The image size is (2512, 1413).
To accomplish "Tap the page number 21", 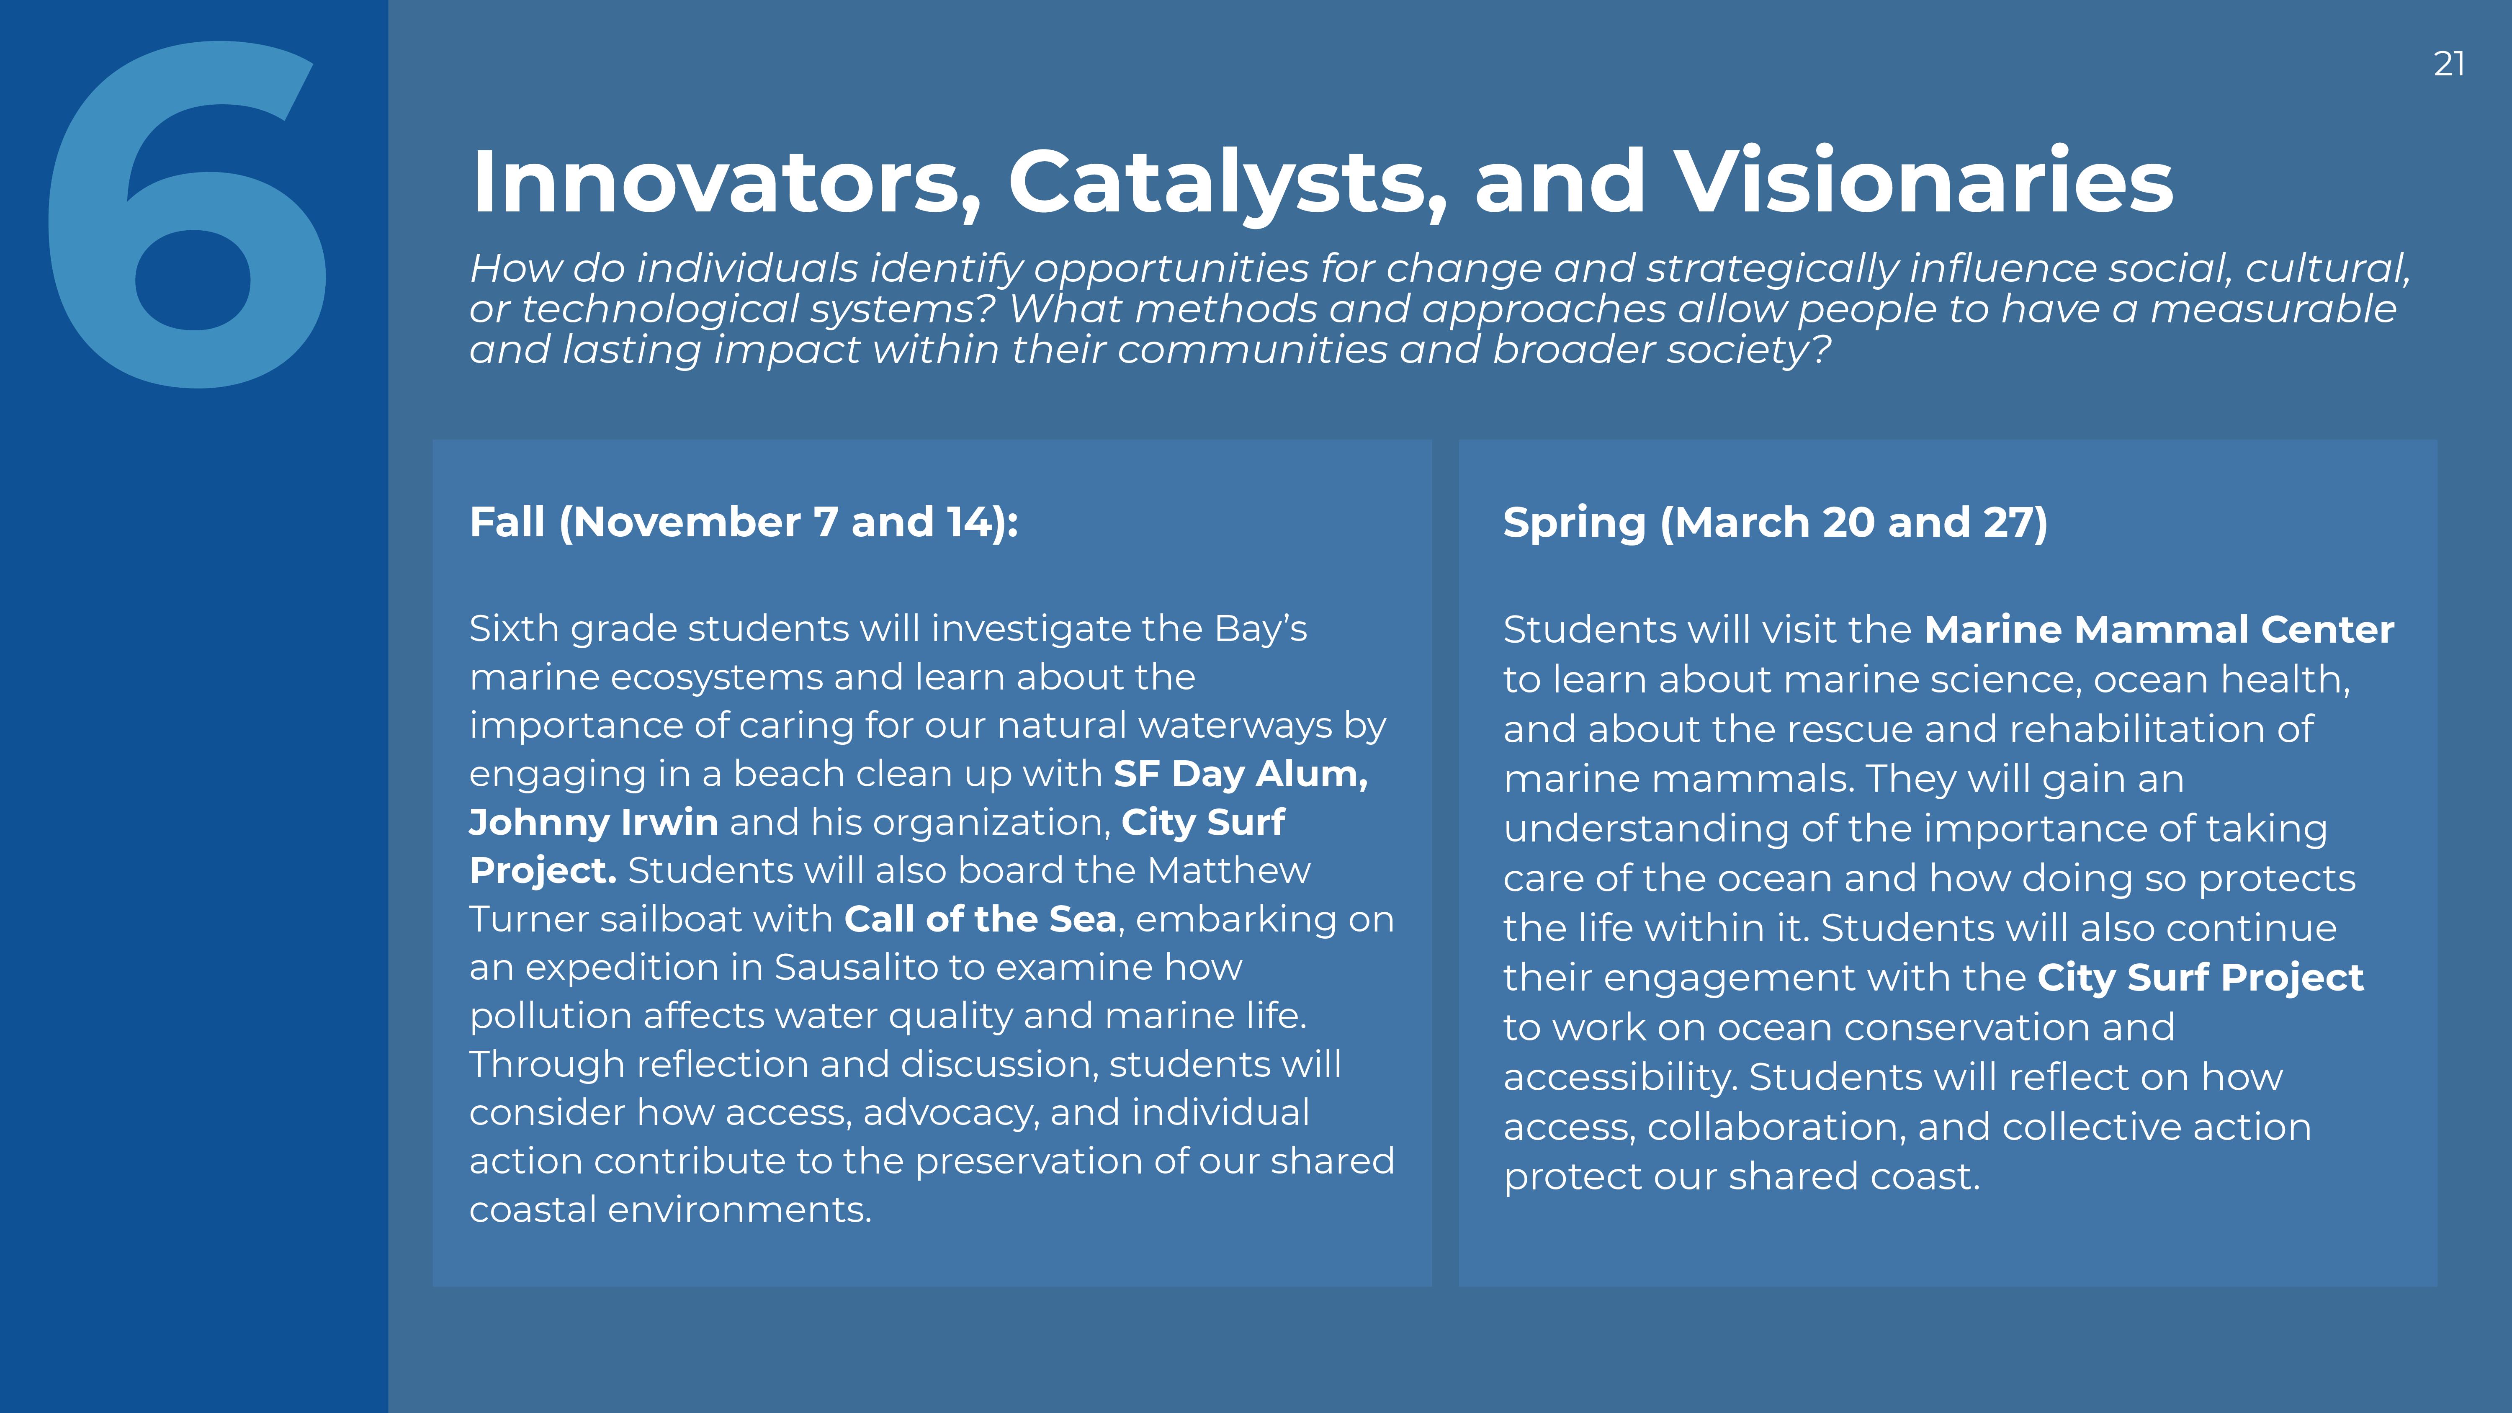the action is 2449,64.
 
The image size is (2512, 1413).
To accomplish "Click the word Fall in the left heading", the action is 507,522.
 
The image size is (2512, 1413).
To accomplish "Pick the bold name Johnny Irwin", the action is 594,822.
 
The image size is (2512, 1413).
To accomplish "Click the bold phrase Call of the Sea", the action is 980,919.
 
